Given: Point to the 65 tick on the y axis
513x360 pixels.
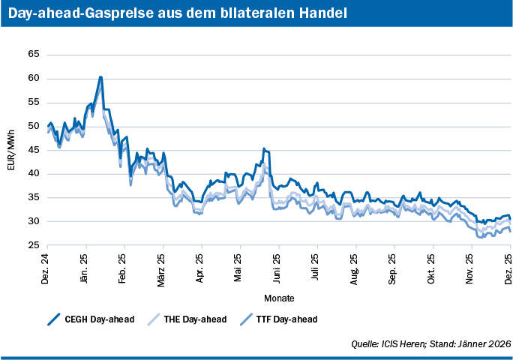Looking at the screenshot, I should (33, 55).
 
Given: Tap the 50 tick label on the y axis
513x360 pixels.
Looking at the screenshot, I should (33, 126).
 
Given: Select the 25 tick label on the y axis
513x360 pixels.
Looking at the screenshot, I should (33, 245).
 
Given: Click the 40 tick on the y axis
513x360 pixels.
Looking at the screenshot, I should (33, 174).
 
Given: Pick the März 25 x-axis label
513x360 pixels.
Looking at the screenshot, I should (163, 265).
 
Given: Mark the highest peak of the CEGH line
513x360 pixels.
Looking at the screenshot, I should (100, 77).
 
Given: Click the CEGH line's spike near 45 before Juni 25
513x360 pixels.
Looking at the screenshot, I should (264, 149).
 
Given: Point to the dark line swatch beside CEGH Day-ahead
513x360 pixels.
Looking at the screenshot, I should (53, 319).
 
